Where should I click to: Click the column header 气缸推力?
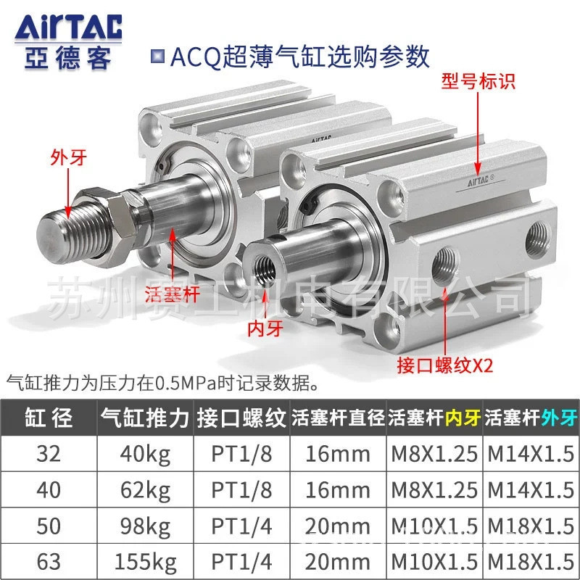[145, 418]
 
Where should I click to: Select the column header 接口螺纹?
[241, 418]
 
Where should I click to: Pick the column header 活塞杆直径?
[338, 418]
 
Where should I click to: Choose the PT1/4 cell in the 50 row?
[241, 526]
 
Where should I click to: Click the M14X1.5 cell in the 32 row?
[529, 454]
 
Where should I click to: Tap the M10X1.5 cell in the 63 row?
[434, 561]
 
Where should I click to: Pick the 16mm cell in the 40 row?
[338, 490]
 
